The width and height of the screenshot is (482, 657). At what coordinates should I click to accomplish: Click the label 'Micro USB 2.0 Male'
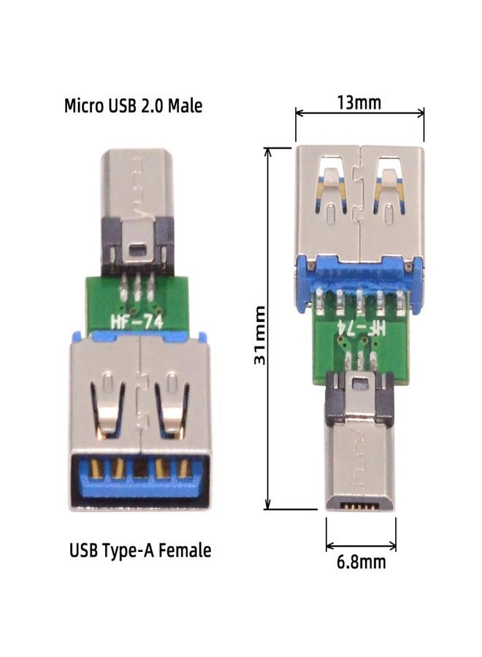point(133,106)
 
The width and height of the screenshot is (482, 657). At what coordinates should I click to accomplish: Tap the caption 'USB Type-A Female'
point(140,550)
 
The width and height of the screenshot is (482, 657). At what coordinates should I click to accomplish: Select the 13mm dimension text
point(358,102)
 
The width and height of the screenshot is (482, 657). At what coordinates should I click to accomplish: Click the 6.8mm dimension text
point(360,562)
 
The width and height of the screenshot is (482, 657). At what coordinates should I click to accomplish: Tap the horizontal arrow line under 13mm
point(359,113)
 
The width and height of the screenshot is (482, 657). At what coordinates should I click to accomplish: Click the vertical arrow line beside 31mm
point(269,327)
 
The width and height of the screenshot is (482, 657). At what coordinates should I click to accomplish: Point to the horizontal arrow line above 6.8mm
point(361,545)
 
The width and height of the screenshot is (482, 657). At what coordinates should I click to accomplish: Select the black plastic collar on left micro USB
point(137,255)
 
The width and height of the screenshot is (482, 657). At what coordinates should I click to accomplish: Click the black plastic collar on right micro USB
point(361,398)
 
